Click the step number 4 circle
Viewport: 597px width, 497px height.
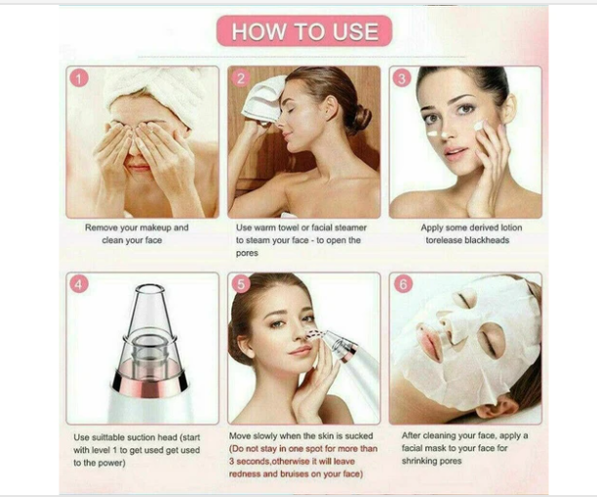click(x=81, y=285)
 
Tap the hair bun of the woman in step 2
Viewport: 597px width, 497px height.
click(x=362, y=118)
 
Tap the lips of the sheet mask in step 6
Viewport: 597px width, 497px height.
click(x=430, y=342)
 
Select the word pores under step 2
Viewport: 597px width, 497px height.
click(x=249, y=252)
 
